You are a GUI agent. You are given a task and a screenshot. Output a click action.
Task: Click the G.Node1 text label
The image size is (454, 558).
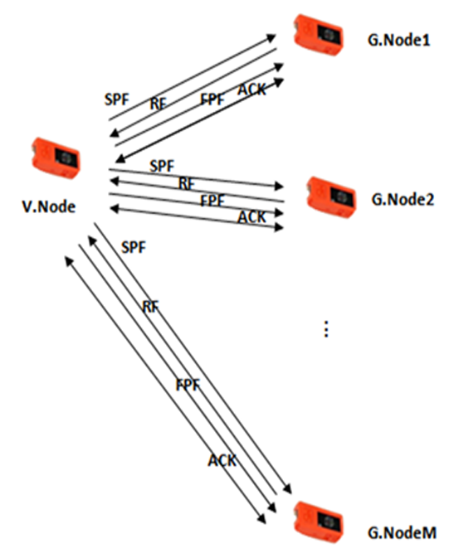(398, 40)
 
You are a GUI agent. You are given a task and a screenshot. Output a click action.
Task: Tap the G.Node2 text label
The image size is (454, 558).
(403, 199)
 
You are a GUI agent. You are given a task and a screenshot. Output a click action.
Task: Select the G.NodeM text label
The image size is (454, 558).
(402, 533)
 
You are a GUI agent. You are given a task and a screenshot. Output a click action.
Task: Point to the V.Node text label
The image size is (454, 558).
(49, 206)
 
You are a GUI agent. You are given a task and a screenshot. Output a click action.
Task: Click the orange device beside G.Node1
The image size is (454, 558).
(318, 35)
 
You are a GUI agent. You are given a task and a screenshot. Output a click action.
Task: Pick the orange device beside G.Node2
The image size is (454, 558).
(331, 197)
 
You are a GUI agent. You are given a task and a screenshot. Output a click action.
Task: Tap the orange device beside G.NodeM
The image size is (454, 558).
(318, 522)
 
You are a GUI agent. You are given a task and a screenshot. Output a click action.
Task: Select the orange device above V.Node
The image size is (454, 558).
(56, 158)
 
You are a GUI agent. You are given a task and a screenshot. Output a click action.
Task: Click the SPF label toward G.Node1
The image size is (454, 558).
(116, 99)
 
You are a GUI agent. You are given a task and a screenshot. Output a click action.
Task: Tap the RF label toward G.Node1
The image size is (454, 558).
(159, 104)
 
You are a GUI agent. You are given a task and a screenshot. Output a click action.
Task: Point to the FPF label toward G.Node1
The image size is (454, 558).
(212, 99)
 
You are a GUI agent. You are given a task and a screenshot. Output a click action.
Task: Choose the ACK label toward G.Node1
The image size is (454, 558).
(252, 90)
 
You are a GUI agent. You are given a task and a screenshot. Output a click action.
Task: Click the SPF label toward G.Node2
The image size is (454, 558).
(162, 166)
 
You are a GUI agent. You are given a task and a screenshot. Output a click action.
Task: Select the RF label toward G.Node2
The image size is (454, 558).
(187, 184)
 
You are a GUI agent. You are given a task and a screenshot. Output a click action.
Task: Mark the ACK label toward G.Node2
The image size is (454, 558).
(252, 216)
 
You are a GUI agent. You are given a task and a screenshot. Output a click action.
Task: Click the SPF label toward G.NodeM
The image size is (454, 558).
(134, 247)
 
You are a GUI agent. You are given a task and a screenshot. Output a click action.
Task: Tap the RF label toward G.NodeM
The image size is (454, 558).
(151, 307)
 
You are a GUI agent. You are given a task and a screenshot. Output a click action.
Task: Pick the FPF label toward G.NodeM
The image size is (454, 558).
(188, 385)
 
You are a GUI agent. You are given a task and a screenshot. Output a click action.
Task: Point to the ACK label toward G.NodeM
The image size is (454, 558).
(222, 461)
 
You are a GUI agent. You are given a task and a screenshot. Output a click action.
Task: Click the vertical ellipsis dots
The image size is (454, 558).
(326, 329)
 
